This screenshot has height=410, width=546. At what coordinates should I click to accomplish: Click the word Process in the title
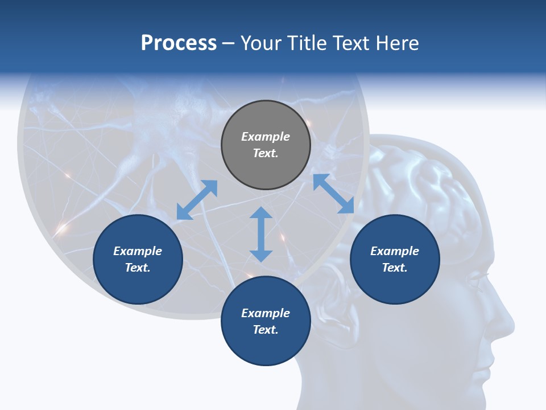179,43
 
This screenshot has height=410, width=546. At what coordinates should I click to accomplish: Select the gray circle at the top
266,145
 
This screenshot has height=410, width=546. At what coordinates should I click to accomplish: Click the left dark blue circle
138,260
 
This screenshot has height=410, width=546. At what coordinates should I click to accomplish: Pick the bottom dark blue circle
266,321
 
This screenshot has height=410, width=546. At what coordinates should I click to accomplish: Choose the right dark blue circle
395,260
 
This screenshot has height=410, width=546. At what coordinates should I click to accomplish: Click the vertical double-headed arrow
261,234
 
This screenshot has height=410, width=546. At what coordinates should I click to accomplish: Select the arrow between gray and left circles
197,200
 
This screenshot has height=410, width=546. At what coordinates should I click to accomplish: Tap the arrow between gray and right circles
333,194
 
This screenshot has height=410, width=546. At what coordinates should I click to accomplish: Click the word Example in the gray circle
266,137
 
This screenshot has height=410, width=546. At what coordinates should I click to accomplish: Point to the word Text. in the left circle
138,268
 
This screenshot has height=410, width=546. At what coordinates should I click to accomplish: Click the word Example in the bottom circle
266,313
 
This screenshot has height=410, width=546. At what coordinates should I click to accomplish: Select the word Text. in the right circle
395,268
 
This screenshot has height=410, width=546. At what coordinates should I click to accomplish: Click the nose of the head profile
509,325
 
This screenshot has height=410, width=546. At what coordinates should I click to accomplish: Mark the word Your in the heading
259,43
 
